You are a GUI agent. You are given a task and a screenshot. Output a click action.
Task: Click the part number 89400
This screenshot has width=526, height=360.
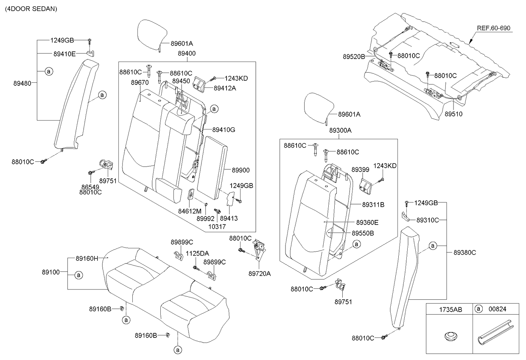click(x=187, y=54)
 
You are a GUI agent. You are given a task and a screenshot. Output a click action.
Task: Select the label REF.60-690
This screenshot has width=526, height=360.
click(x=494, y=28)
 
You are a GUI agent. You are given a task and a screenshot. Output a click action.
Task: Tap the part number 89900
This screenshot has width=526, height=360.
click(x=241, y=170)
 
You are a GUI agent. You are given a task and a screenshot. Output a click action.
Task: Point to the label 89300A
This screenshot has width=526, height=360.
click(x=340, y=131)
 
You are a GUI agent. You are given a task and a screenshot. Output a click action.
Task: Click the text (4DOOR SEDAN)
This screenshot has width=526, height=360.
click(x=31, y=8)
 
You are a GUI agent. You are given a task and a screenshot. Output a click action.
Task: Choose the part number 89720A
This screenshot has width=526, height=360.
click(x=260, y=274)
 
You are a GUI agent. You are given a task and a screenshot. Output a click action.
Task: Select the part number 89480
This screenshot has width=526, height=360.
click(x=22, y=84)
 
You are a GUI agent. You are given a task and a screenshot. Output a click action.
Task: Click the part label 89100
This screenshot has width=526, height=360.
click(x=50, y=271)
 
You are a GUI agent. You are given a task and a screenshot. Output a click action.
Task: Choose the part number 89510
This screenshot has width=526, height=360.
click(x=453, y=114)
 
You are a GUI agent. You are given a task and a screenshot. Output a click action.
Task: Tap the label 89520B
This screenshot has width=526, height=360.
click(x=354, y=56)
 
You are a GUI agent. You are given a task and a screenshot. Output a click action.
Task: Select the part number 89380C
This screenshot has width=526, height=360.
click(x=464, y=252)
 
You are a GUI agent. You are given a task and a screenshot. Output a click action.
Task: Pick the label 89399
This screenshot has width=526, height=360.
click(x=361, y=169)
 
